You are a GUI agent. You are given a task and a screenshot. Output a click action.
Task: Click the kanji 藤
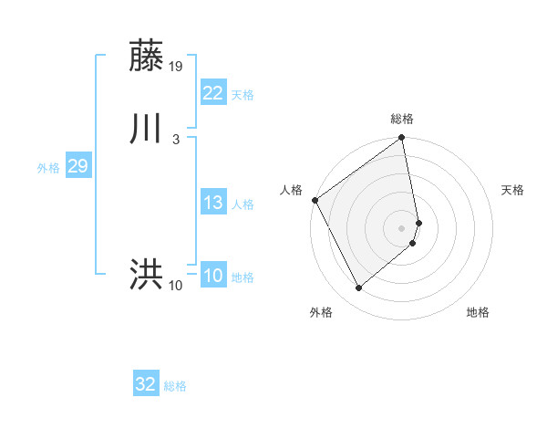click(147, 57)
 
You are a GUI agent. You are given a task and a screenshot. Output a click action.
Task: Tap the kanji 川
click(147, 130)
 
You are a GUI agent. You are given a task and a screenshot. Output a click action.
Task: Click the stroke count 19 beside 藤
click(177, 66)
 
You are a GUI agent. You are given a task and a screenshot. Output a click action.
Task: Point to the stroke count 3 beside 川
click(175, 139)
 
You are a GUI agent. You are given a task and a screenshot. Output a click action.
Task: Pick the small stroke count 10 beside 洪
click(176, 286)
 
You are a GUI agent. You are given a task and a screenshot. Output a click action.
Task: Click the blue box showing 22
click(212, 93)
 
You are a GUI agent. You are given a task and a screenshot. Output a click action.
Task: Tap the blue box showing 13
click(212, 203)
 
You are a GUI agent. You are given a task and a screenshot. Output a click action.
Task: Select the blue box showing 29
click(77, 166)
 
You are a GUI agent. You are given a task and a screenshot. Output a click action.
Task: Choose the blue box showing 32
click(145, 384)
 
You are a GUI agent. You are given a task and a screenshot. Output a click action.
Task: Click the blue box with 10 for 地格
click(212, 276)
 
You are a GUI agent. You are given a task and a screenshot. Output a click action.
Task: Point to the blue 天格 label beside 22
click(243, 95)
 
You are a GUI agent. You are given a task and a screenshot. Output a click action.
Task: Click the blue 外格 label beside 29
click(47, 168)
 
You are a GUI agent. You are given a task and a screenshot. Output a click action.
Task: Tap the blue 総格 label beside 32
click(175, 386)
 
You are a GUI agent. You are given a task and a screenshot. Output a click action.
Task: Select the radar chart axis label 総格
click(402, 119)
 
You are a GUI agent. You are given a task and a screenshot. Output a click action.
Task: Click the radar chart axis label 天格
click(513, 190)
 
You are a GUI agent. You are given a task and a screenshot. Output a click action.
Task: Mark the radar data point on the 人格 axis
click(315, 200)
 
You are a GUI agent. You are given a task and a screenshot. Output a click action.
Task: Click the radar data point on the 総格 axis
click(402, 139)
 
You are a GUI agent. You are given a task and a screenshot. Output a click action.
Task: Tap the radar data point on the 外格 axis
click(358, 288)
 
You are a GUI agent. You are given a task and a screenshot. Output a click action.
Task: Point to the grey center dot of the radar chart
click(402, 227)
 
